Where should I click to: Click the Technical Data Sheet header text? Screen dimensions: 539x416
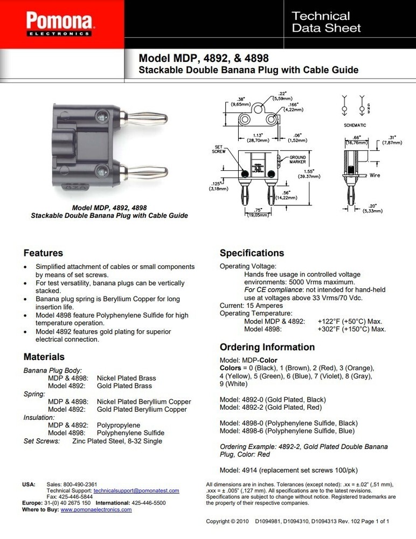click(326, 22)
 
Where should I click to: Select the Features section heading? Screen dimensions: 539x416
click(43, 253)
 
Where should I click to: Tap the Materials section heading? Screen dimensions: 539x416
click(44, 357)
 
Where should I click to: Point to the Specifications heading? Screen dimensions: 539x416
click(252, 253)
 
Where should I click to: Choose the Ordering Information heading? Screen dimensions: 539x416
click(267, 347)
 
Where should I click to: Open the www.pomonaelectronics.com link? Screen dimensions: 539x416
click(96, 509)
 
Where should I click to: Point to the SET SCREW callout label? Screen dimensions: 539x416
click(219, 149)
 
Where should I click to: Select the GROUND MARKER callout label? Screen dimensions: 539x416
click(297, 160)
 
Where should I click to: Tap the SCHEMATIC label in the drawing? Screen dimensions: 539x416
click(355, 125)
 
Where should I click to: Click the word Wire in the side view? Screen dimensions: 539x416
click(375, 175)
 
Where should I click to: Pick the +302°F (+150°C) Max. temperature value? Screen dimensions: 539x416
click(351, 329)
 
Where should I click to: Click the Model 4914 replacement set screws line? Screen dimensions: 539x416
click(288, 470)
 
